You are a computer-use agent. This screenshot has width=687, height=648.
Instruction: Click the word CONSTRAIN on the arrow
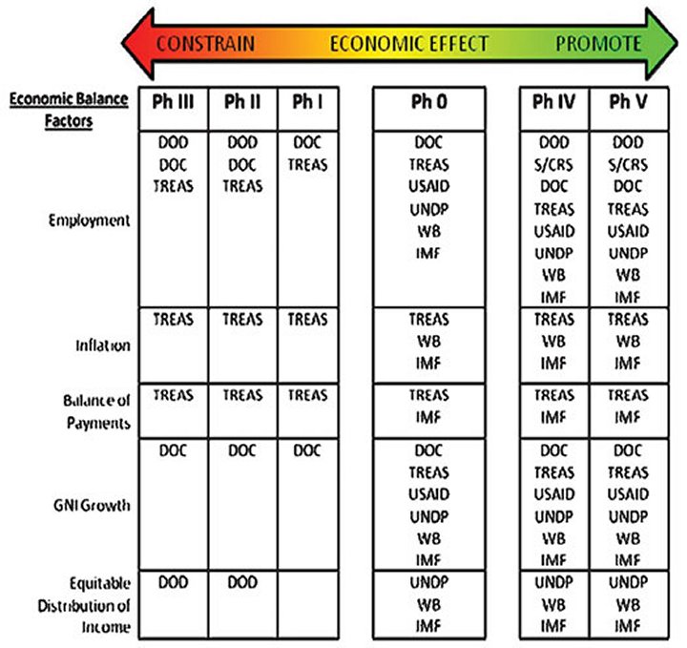tap(205, 44)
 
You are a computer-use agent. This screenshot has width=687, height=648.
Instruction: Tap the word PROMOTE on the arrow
tap(598, 44)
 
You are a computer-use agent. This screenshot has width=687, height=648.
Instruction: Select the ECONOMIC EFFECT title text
tap(408, 44)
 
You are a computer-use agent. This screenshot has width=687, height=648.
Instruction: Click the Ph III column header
tap(173, 102)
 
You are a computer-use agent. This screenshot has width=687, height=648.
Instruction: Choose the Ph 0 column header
tap(429, 102)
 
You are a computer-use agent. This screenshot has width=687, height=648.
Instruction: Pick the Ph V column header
tap(628, 102)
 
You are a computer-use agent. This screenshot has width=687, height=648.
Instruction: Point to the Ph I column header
tap(307, 102)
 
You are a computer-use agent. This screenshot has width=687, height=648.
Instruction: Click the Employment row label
tap(90, 220)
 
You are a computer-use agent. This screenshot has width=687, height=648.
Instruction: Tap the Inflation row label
tap(103, 345)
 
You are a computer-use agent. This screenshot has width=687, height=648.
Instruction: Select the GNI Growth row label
tap(92, 505)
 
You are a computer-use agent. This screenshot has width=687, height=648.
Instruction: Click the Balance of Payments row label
tap(97, 412)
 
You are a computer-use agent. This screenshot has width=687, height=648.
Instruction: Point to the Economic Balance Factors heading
tap(69, 110)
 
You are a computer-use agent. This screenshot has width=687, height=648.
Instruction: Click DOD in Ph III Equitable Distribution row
tap(173, 582)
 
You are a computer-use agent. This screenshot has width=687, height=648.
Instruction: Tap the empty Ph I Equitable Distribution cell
tap(308, 605)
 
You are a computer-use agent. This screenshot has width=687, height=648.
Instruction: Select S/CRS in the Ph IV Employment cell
tap(553, 165)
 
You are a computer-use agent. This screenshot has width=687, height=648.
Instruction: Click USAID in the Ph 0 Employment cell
tap(429, 186)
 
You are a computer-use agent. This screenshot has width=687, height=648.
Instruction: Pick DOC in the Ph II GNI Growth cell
tap(242, 450)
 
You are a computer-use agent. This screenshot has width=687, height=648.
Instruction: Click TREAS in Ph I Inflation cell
tap(307, 320)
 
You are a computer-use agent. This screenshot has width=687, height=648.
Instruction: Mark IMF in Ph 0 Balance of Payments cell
tap(428, 418)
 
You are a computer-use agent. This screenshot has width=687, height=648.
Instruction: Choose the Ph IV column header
tap(553, 102)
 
